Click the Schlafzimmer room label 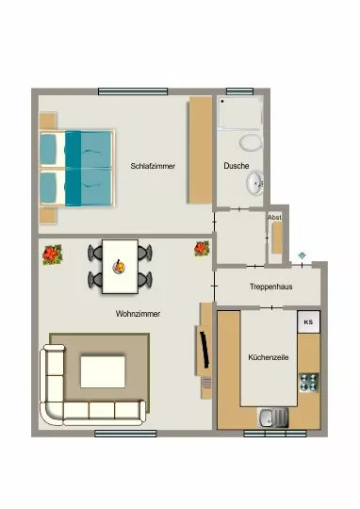(x=153, y=166)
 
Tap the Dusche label (x=237, y=166)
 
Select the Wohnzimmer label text (x=138, y=314)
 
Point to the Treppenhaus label (x=271, y=287)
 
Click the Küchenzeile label (x=269, y=357)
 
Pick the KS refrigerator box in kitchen (x=309, y=321)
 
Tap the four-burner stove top (x=309, y=382)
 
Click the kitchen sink (x=273, y=418)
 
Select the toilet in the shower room (x=251, y=143)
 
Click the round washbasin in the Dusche (x=255, y=184)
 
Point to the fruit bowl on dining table (x=119, y=267)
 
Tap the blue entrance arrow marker (x=302, y=256)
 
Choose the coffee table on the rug (x=103, y=371)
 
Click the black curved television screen (x=205, y=350)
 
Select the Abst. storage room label (x=274, y=218)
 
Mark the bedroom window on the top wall (x=133, y=91)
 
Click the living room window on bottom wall (x=125, y=434)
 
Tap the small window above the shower (x=240, y=91)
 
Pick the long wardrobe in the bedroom (x=201, y=150)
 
